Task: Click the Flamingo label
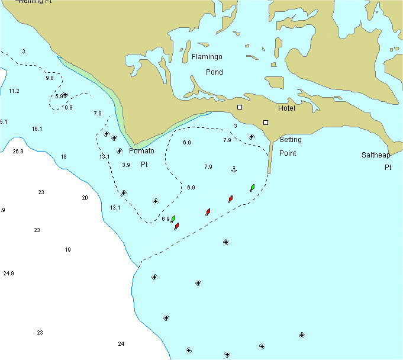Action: click(x=207, y=57)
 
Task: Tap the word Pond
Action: click(x=214, y=72)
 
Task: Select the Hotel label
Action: click(x=286, y=108)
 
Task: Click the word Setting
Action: click(x=290, y=140)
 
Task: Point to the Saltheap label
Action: click(x=376, y=155)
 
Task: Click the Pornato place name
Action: click(x=141, y=151)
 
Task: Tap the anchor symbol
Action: click(x=233, y=170)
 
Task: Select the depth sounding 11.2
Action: click(x=14, y=91)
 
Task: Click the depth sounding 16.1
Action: click(x=37, y=129)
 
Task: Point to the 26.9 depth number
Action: click(x=18, y=152)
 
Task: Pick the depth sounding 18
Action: click(x=64, y=157)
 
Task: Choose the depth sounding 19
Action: click(x=67, y=250)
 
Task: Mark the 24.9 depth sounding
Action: click(x=8, y=274)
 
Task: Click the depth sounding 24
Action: click(x=121, y=344)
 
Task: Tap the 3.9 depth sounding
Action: click(x=125, y=165)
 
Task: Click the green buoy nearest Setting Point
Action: click(x=253, y=188)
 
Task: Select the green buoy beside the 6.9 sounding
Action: click(x=173, y=219)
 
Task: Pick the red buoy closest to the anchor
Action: click(x=230, y=199)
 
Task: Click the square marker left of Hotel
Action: click(x=240, y=107)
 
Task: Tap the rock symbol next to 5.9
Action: click(x=65, y=95)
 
